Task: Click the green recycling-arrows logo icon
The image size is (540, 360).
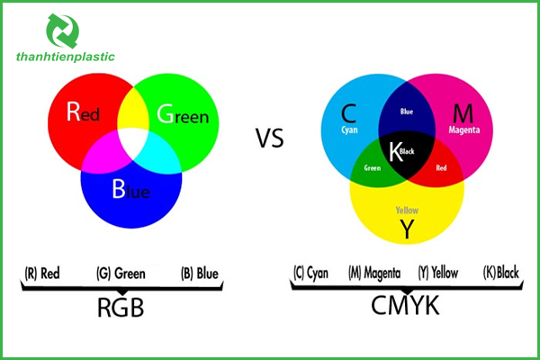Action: pyautogui.click(x=62, y=31)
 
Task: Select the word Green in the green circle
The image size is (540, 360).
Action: pyautogui.click(x=183, y=115)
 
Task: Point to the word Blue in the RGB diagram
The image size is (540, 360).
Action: pyautogui.click(x=131, y=191)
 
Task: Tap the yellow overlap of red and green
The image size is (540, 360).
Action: pyautogui.click(x=133, y=108)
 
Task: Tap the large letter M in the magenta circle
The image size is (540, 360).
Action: pyautogui.click(x=462, y=114)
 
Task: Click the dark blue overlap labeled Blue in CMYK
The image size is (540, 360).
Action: pyautogui.click(x=407, y=113)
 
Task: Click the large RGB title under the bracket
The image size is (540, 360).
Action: pyautogui.click(x=120, y=309)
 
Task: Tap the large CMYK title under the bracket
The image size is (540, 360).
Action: pyautogui.click(x=406, y=307)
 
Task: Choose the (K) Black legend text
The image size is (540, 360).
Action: pyautogui.click(x=502, y=273)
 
